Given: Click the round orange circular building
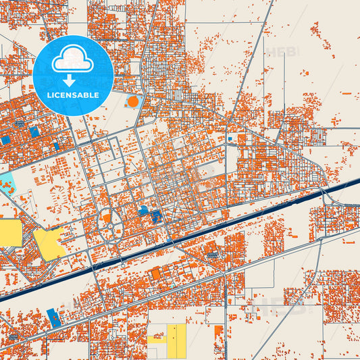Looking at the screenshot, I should [x=133, y=102].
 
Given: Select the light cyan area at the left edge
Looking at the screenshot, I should [x=6, y=182].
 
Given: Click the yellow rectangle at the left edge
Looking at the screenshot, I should [x=9, y=233].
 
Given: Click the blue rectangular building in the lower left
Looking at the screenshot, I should [x=54, y=317].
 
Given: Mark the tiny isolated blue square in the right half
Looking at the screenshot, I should [x=230, y=140].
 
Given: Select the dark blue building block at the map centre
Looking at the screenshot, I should [x=157, y=217].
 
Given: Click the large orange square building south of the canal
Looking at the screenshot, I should [x=156, y=274].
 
